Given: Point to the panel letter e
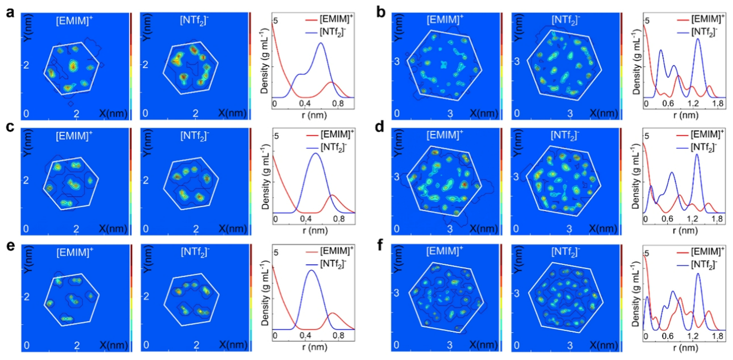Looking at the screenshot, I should [x=10, y=247].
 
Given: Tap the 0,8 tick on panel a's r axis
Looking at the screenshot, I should [x=338, y=104].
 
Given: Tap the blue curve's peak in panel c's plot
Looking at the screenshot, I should [x=314, y=153].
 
